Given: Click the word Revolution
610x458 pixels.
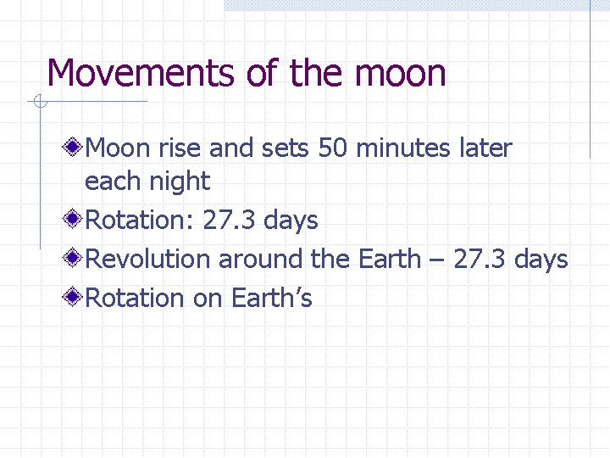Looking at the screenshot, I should pyautogui.click(x=149, y=260).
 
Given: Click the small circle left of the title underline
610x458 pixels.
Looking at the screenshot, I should pyautogui.click(x=38, y=103).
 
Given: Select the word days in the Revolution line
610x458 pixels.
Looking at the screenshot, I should pyautogui.click(x=541, y=260).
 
